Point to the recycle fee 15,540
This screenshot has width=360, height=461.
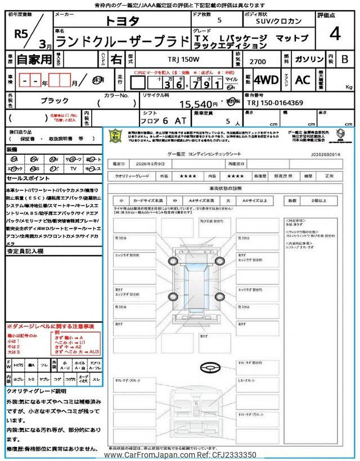(x=198, y=104)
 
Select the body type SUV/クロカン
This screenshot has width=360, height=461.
(x=277, y=22)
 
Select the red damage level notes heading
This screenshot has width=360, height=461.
(x=50, y=326)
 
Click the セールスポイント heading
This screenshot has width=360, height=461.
(x=28, y=178)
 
